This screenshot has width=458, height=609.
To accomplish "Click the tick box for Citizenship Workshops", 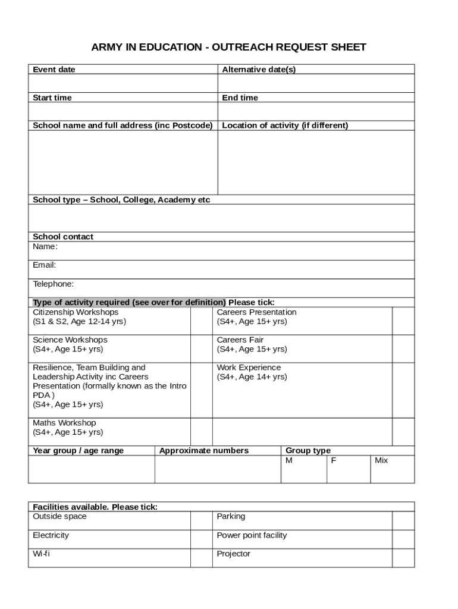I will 201,321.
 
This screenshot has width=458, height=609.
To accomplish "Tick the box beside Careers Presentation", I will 403,321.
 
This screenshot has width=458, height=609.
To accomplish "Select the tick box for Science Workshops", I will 201,349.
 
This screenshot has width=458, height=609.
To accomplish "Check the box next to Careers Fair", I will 403,349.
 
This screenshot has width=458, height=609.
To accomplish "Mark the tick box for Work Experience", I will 403,390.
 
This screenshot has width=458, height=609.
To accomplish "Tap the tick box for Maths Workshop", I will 201,432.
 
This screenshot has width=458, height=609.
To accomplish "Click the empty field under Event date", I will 123,83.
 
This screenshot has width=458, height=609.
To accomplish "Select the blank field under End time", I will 316,111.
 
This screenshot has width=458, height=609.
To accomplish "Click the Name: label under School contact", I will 45,246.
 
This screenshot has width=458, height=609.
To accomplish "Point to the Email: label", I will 45,265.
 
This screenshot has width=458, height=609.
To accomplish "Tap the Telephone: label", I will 54,284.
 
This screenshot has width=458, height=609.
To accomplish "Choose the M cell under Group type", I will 303,469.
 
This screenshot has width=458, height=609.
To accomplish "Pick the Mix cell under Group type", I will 392,469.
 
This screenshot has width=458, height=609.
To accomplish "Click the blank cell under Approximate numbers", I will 217,469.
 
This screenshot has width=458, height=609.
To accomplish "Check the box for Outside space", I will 201,520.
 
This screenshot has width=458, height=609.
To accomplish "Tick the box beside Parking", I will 403,520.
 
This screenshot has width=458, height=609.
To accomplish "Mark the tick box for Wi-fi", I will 201,558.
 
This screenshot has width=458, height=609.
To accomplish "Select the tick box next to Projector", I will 403,558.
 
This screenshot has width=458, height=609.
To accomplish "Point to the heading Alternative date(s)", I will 259,70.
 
